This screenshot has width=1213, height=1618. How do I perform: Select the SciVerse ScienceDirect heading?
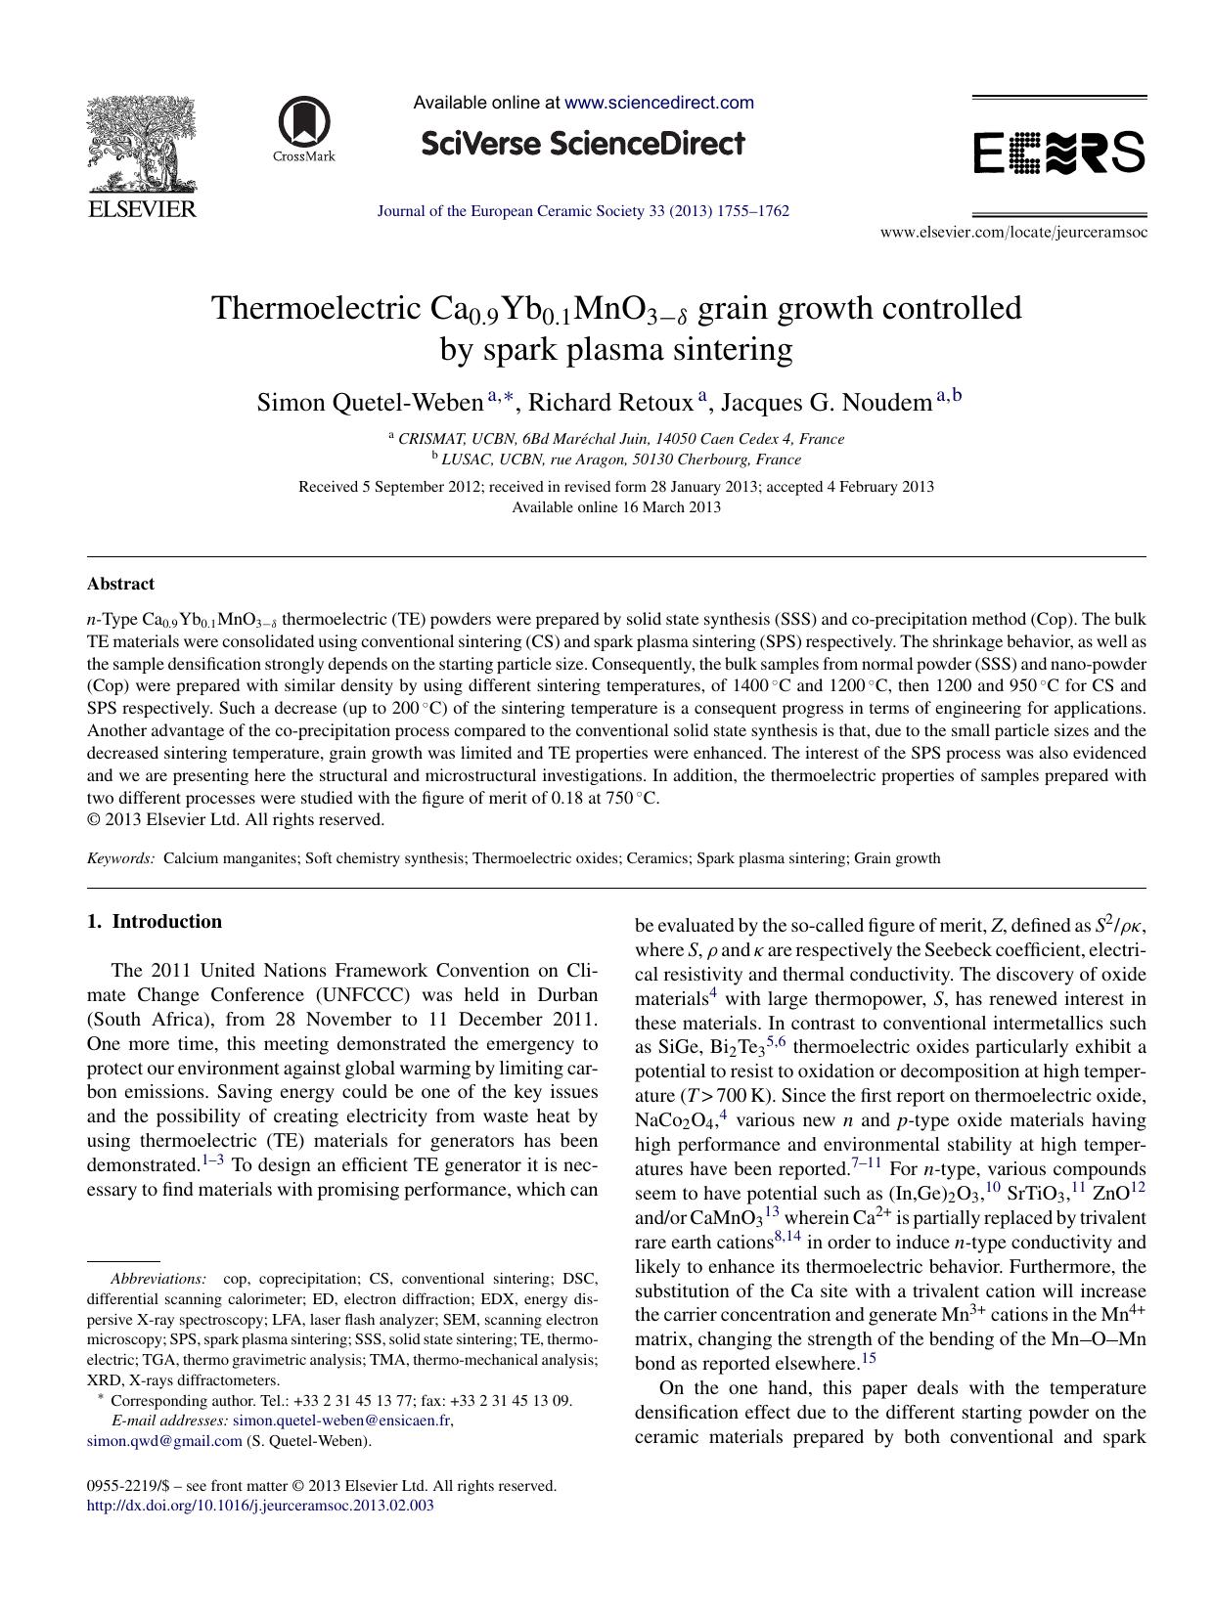click(x=583, y=145)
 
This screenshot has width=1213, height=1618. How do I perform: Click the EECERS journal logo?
click(x=1058, y=153)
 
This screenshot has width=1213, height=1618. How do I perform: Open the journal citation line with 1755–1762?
click(x=583, y=211)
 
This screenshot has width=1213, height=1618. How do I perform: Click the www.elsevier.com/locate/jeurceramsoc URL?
click(x=1013, y=233)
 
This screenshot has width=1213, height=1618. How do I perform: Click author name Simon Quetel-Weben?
click(x=369, y=402)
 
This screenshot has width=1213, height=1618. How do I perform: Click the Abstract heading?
click(x=120, y=584)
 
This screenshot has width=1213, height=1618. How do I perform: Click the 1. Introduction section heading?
click(x=155, y=921)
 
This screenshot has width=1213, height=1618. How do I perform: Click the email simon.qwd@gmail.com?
click(x=164, y=1441)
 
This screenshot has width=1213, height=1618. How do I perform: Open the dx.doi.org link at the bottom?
click(x=260, y=1506)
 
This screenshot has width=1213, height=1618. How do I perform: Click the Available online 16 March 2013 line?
click(x=616, y=507)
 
